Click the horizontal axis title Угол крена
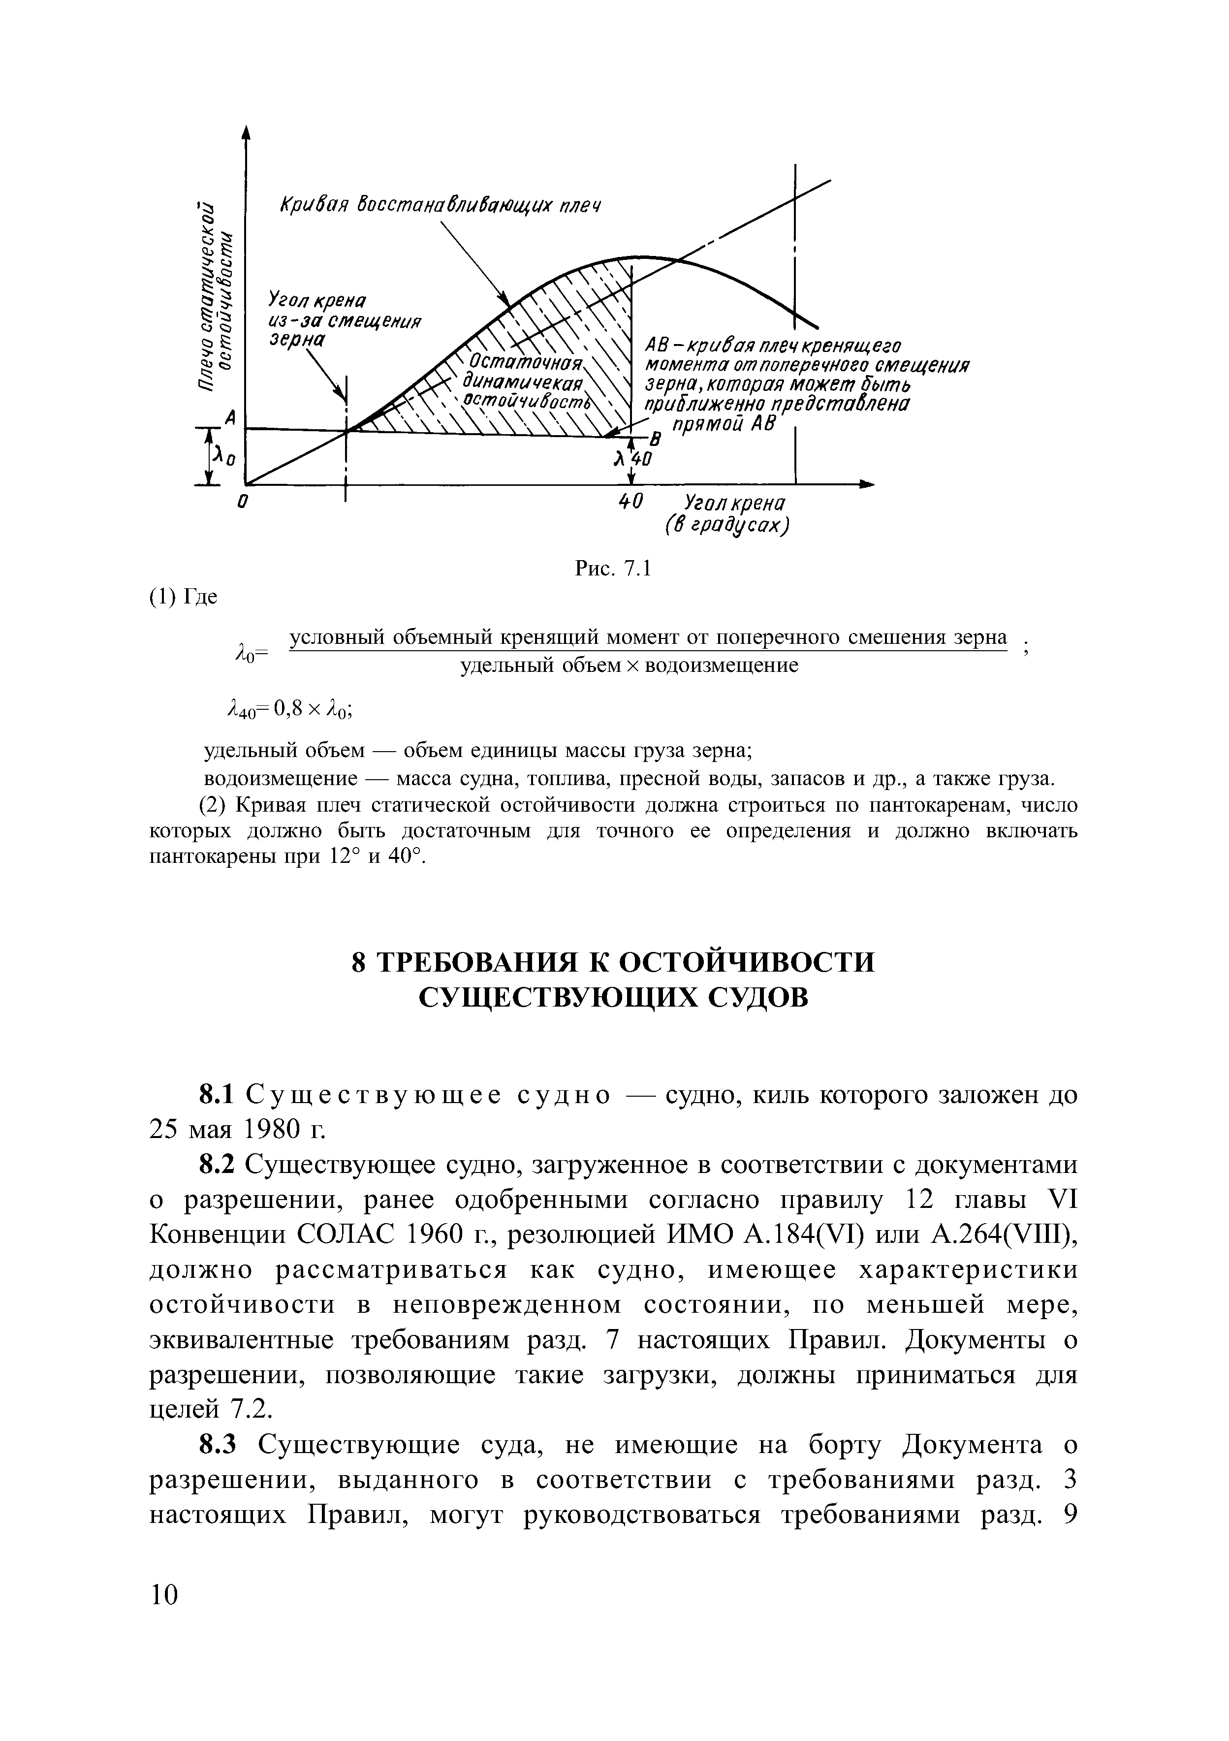click(x=734, y=503)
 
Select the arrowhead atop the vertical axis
click(x=245, y=133)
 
